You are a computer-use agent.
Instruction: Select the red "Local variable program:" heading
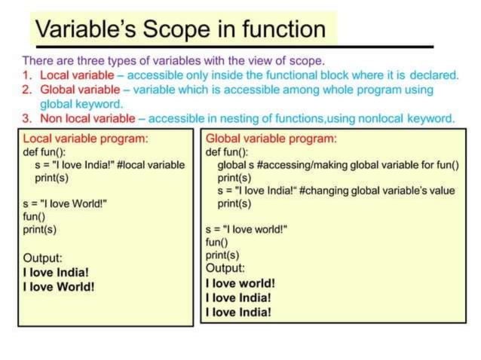(x=85, y=139)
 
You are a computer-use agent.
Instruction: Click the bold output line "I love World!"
(x=59, y=286)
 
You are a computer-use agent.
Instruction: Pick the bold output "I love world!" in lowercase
(x=240, y=283)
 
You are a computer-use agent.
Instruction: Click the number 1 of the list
(x=26, y=75)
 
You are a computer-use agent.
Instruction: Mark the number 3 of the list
(x=26, y=118)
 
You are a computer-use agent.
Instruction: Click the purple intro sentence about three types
(x=173, y=60)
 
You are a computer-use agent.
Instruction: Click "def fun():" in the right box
(x=228, y=151)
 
